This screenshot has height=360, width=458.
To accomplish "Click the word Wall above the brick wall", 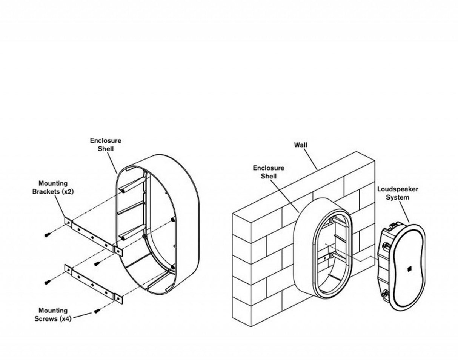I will click(x=301, y=145).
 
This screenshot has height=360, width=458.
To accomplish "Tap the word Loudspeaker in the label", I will click(x=398, y=189).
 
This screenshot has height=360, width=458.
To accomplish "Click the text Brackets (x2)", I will click(x=53, y=191).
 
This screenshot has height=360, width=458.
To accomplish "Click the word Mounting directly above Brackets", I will click(x=53, y=183).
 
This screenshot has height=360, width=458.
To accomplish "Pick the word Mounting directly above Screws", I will click(x=53, y=310).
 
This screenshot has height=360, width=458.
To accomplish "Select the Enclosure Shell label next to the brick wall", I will click(x=268, y=172).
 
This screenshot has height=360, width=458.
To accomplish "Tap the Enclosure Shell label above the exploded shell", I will click(x=106, y=145).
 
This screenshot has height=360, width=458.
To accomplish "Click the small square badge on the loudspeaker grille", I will click(x=410, y=269).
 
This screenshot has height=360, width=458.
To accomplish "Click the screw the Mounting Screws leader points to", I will click(x=97, y=311).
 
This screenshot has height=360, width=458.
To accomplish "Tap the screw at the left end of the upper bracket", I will click(x=47, y=235).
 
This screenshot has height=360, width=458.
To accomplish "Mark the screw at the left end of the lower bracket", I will click(x=47, y=282).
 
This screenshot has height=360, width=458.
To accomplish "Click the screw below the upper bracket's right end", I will click(x=97, y=263).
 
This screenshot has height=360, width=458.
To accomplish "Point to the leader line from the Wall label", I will click(x=311, y=159).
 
